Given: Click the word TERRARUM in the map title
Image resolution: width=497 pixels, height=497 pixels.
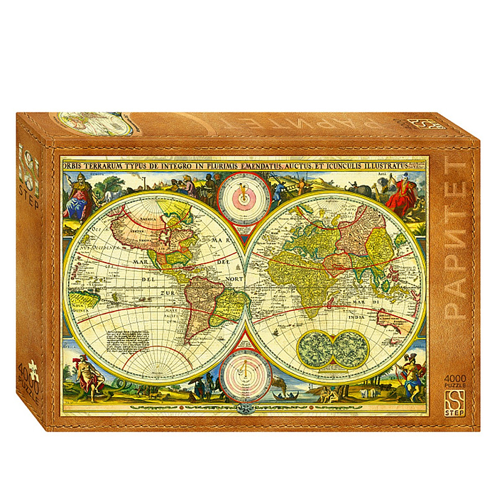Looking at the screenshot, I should click(110, 167).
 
